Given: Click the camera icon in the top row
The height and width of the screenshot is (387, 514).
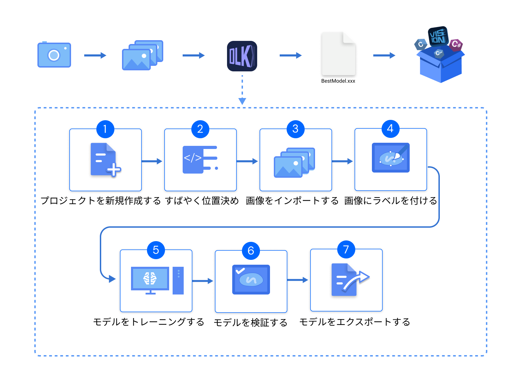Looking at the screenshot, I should [x=54, y=55].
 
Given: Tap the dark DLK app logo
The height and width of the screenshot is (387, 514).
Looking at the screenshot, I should [x=242, y=56].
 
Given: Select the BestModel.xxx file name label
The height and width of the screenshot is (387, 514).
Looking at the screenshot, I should [x=338, y=81].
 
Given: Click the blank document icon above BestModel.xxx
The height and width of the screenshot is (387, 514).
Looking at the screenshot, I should [x=338, y=53].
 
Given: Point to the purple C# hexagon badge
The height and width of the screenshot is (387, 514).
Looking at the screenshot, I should [x=456, y=44].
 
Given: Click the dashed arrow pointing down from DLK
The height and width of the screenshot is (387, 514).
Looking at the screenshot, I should [x=242, y=90].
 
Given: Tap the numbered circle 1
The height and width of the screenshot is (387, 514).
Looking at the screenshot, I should [x=105, y=129].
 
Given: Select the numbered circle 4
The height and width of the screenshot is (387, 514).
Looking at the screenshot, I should [x=390, y=129].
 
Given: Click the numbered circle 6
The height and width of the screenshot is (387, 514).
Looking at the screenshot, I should [x=251, y=250].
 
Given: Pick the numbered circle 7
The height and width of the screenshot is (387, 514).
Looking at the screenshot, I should [x=346, y=249].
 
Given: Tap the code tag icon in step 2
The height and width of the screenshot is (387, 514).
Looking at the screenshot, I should [x=200, y=160].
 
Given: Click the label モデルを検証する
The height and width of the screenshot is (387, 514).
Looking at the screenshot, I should [x=251, y=323].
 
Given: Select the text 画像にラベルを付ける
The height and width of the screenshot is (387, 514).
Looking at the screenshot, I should [x=390, y=201].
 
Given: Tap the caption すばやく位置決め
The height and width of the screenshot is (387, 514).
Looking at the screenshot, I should [x=202, y=201].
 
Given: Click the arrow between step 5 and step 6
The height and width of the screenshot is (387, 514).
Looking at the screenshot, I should [x=203, y=281].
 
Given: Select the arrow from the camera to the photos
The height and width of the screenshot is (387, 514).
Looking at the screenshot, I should [x=95, y=55].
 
